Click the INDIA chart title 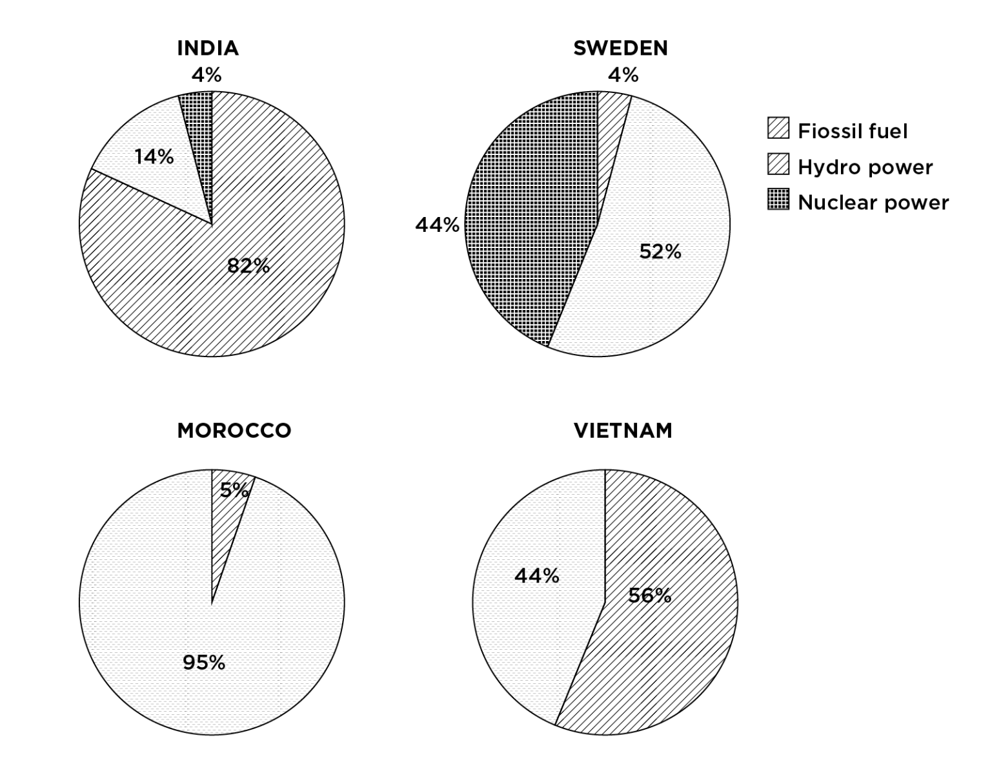pos(208,48)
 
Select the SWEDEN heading pos(620,48)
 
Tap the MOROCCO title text pos(234,431)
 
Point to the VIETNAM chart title pos(623,431)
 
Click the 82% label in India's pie pos(248,265)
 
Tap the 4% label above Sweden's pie pos(623,76)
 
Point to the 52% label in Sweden pos(660,252)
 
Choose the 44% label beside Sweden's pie pos(437,225)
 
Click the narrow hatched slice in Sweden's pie pos(610,129)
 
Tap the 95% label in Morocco pos(204,663)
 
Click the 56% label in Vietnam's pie pos(649,595)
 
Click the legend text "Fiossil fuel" pos(853,132)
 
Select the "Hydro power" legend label pos(865,167)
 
